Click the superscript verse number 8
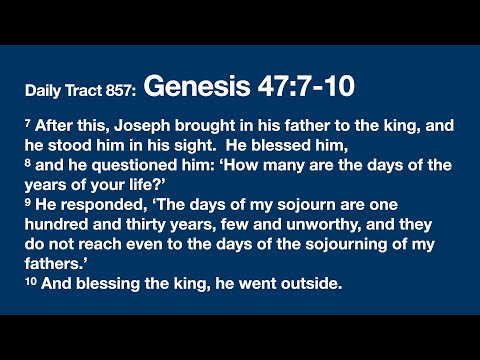(27, 163)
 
